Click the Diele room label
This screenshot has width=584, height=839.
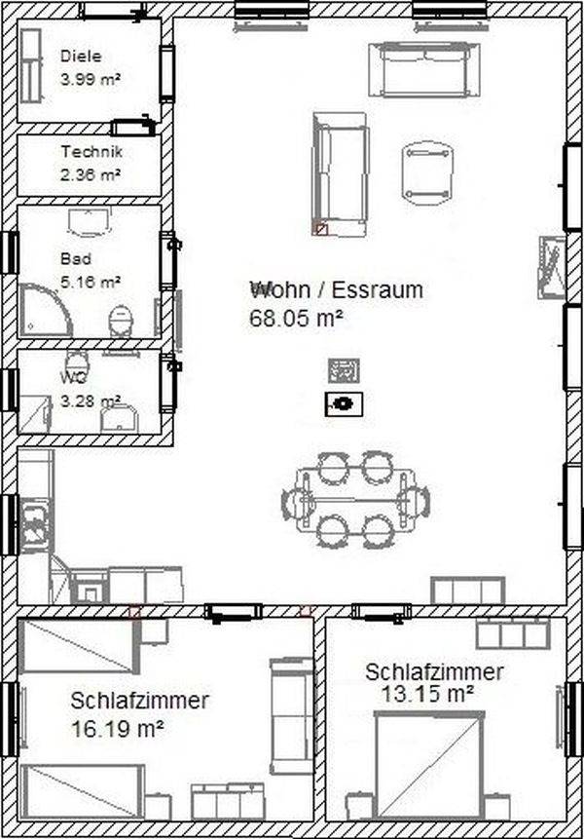click(x=81, y=56)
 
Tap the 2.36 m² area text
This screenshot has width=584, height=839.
click(x=91, y=174)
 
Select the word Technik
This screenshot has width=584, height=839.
click(x=91, y=151)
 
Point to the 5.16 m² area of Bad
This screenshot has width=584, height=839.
click(x=91, y=282)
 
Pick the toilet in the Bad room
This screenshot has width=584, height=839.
click(x=121, y=321)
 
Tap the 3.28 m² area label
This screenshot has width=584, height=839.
click(x=91, y=400)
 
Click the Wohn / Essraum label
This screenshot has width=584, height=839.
click(x=337, y=289)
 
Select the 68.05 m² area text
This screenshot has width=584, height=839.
click(x=296, y=318)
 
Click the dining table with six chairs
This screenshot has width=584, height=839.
click(x=356, y=500)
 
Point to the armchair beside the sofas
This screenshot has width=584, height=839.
click(x=427, y=172)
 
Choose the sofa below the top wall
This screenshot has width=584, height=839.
click(x=424, y=69)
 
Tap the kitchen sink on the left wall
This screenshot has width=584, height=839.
click(x=36, y=524)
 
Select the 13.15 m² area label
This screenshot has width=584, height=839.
click(x=427, y=694)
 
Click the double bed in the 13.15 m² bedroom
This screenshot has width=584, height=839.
click(x=429, y=765)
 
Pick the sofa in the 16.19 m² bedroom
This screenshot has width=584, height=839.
click(x=291, y=716)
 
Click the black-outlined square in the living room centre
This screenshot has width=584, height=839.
click(x=345, y=404)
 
